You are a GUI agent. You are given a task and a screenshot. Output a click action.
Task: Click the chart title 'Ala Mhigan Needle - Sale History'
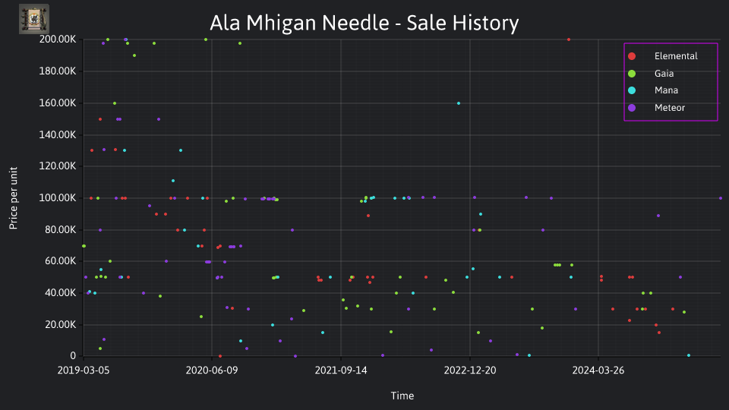[364, 23]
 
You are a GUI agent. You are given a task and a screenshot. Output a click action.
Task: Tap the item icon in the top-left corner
[34, 19]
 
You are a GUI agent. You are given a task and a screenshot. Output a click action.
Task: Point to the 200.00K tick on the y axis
[58, 39]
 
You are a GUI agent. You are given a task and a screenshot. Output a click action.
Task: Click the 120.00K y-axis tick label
[58, 166]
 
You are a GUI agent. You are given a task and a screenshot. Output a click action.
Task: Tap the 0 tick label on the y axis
[73, 355]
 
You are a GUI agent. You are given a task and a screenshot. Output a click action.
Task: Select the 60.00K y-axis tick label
[60, 260]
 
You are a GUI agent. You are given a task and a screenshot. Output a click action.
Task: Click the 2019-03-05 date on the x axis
[84, 370]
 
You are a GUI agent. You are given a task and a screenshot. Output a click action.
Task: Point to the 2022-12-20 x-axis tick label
[470, 370]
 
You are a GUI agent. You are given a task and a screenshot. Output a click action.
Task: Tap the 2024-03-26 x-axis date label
[598, 370]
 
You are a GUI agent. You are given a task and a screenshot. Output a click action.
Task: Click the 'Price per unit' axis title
[14, 198]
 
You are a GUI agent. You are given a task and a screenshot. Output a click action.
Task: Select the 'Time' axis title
[402, 396]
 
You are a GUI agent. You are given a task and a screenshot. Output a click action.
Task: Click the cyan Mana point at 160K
[459, 103]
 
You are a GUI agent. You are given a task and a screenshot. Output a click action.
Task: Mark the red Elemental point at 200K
[569, 39]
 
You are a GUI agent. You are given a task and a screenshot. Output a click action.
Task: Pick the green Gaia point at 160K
[115, 103]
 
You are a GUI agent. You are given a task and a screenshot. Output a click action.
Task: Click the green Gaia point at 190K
[134, 55]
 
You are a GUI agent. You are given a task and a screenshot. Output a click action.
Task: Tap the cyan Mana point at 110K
[173, 181]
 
